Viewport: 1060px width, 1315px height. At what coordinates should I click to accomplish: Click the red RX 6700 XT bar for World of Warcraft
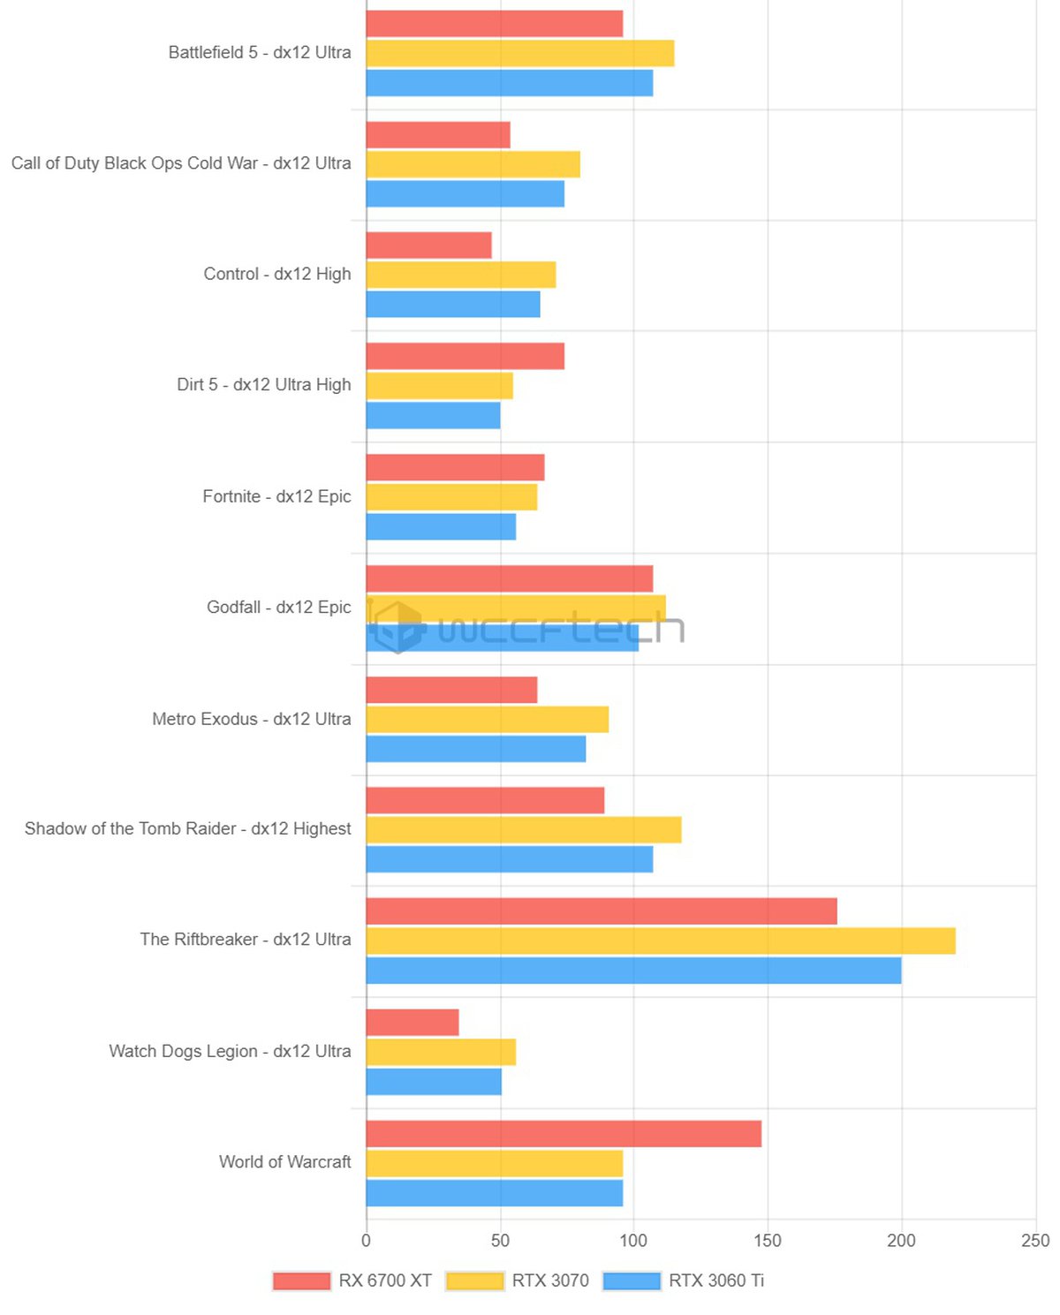coord(564,1134)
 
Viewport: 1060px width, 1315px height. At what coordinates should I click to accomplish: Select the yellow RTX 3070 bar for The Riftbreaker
coord(661,941)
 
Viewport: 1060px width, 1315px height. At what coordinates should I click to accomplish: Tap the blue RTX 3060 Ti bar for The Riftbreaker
coord(633,971)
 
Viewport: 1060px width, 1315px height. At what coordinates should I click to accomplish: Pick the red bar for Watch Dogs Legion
coord(413,1023)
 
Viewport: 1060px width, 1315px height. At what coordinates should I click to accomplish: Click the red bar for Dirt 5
coord(466,357)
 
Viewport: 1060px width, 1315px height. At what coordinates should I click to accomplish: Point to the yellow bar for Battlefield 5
coord(520,54)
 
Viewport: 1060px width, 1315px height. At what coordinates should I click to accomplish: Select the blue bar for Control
coord(453,305)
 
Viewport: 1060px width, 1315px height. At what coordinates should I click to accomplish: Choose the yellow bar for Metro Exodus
coord(488,720)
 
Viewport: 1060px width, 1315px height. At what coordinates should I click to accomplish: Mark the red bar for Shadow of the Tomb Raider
coord(485,800)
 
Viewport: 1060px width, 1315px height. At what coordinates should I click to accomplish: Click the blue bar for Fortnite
coord(441,527)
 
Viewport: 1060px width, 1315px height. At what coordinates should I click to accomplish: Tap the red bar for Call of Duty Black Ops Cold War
coord(438,135)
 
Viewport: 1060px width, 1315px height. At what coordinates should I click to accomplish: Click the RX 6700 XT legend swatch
coord(301,1281)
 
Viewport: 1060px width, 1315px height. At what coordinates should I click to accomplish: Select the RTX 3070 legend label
coord(550,1281)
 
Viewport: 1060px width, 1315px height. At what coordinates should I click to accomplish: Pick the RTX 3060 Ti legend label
coord(716,1281)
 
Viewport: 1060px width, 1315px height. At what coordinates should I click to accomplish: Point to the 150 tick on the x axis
coord(767,1241)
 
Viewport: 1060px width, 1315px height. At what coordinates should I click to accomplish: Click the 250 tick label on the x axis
coord(1035,1241)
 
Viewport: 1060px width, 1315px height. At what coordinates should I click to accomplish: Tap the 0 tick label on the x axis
coord(366,1241)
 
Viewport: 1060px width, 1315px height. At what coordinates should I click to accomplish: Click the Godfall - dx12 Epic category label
coord(278,608)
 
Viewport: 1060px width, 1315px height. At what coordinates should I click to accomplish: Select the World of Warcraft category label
coord(284,1162)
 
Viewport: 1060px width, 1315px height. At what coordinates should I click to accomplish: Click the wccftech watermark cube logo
coord(397,627)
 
